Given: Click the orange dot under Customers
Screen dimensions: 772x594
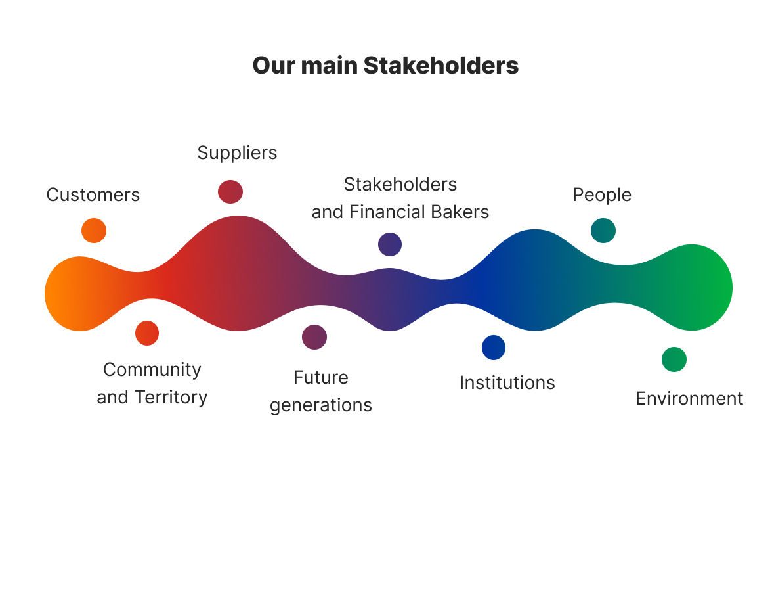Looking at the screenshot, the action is pyautogui.click(x=93, y=231).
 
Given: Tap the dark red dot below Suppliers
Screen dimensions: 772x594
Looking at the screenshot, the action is pyautogui.click(x=230, y=192).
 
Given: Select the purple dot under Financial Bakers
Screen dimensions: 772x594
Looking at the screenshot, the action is pyautogui.click(x=390, y=244).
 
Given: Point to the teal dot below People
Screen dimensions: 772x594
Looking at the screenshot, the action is pyautogui.click(x=603, y=231).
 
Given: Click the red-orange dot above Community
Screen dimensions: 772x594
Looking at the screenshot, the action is pyautogui.click(x=147, y=333).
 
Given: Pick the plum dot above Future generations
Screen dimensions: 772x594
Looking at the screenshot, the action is pyautogui.click(x=314, y=337).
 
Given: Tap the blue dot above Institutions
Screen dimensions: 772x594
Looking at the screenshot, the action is pyautogui.click(x=494, y=348).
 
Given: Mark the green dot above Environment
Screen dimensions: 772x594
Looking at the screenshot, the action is pyautogui.click(x=674, y=359).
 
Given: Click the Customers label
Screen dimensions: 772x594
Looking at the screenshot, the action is pyautogui.click(x=93, y=194).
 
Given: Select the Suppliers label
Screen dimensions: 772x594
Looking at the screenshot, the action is pyautogui.click(x=238, y=153).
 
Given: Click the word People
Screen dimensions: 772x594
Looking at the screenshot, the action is pyautogui.click(x=602, y=195).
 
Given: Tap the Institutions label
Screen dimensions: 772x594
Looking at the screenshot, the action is pyautogui.click(x=507, y=382).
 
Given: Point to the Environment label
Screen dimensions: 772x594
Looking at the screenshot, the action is pyautogui.click(x=689, y=398).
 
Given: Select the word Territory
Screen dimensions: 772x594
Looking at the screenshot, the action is pyautogui.click(x=171, y=398).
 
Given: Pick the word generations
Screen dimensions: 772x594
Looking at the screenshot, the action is pyautogui.click(x=321, y=405).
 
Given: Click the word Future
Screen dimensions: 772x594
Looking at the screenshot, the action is pyautogui.click(x=321, y=378).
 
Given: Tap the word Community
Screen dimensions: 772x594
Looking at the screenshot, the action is pyautogui.click(x=152, y=370).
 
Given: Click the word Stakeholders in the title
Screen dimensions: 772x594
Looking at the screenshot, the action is pyautogui.click(x=441, y=66).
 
